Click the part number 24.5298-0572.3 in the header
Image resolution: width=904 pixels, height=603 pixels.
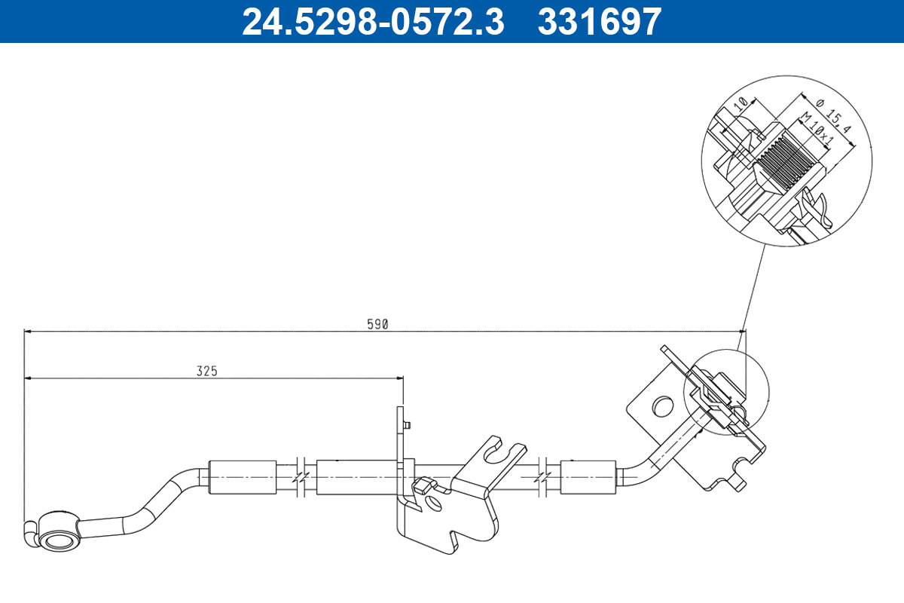[373, 21]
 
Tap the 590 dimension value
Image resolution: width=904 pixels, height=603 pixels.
[377, 324]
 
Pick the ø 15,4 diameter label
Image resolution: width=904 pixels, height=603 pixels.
[834, 115]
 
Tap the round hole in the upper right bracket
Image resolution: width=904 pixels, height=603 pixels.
[662, 406]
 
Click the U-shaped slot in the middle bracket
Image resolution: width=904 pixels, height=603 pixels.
[500, 451]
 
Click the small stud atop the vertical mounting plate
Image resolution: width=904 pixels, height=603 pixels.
[407, 425]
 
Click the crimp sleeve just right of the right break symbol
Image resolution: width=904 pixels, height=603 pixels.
[589, 476]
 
